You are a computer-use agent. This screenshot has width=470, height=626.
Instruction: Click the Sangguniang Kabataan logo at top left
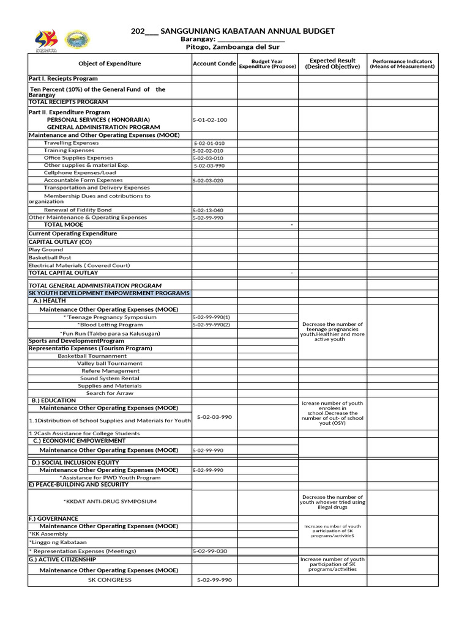(47, 41)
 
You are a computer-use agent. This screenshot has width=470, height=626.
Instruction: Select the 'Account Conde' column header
(214, 64)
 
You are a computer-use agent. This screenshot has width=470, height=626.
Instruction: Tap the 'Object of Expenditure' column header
(110, 64)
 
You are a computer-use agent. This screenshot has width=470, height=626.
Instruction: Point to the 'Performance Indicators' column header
(402, 64)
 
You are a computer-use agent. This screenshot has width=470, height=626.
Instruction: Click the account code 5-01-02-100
(210, 120)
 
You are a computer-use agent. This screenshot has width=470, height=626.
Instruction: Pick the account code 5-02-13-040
(208, 210)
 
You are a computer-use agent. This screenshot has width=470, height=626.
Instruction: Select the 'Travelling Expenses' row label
(71, 143)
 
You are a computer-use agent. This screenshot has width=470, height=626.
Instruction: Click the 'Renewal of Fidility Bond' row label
(78, 210)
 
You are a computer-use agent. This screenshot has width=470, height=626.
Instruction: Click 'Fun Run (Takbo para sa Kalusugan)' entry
(110, 333)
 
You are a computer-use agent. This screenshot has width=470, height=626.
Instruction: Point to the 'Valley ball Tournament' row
(110, 363)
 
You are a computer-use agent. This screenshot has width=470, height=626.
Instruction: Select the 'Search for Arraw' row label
(110, 393)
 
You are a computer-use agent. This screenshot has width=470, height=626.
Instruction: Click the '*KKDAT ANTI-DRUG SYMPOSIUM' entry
(110, 501)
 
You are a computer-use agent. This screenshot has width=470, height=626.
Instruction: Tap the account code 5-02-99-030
(210, 551)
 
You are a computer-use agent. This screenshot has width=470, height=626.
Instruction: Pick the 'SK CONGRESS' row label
(110, 580)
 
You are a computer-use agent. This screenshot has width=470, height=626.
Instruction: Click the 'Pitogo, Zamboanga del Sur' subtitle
(233, 46)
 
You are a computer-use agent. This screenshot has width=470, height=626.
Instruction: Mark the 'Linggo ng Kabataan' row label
(59, 542)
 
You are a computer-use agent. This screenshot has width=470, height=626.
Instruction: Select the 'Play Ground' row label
(46, 250)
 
